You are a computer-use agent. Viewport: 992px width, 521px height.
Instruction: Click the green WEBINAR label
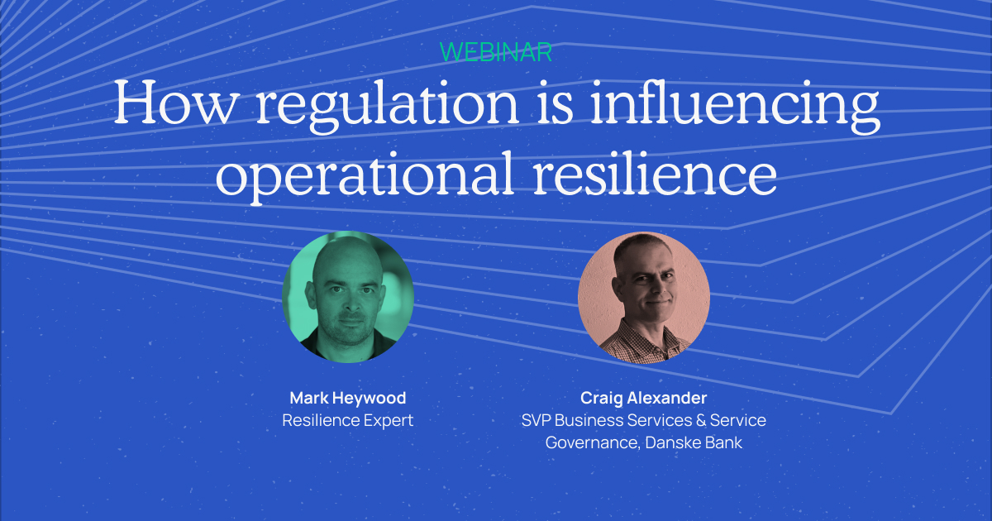(496, 51)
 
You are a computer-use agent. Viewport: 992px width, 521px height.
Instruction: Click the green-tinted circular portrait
(347, 297)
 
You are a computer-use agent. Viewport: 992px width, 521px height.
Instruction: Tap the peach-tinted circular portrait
(643, 297)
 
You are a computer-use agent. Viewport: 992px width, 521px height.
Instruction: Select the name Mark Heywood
(347, 399)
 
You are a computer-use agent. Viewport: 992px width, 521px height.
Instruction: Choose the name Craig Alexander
(643, 399)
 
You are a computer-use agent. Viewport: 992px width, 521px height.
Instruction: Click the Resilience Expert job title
(347, 421)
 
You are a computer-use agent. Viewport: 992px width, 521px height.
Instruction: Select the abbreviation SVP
(537, 421)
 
